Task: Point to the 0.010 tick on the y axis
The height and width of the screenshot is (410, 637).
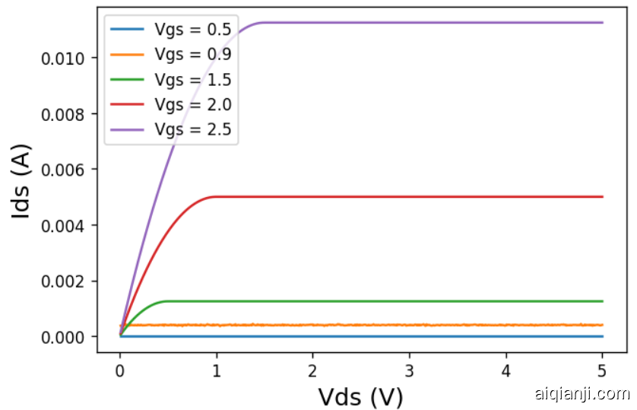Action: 66,59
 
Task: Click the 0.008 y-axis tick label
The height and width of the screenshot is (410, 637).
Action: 66,114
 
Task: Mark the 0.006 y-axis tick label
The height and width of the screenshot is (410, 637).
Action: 66,170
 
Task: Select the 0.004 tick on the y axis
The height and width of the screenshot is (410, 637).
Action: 66,226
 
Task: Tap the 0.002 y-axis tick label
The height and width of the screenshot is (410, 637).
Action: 66,281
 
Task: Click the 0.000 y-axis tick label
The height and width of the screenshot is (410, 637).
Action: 66,337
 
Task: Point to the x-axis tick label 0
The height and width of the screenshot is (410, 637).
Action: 120,372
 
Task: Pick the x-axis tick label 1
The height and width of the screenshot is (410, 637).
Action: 217,372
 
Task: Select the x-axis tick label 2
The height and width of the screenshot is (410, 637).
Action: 313,372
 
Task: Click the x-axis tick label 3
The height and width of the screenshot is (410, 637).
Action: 410,372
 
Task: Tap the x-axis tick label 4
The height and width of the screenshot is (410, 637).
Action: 506,372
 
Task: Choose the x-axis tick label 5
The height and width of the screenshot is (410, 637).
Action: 603,372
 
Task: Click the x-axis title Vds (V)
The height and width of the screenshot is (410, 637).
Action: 360,396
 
